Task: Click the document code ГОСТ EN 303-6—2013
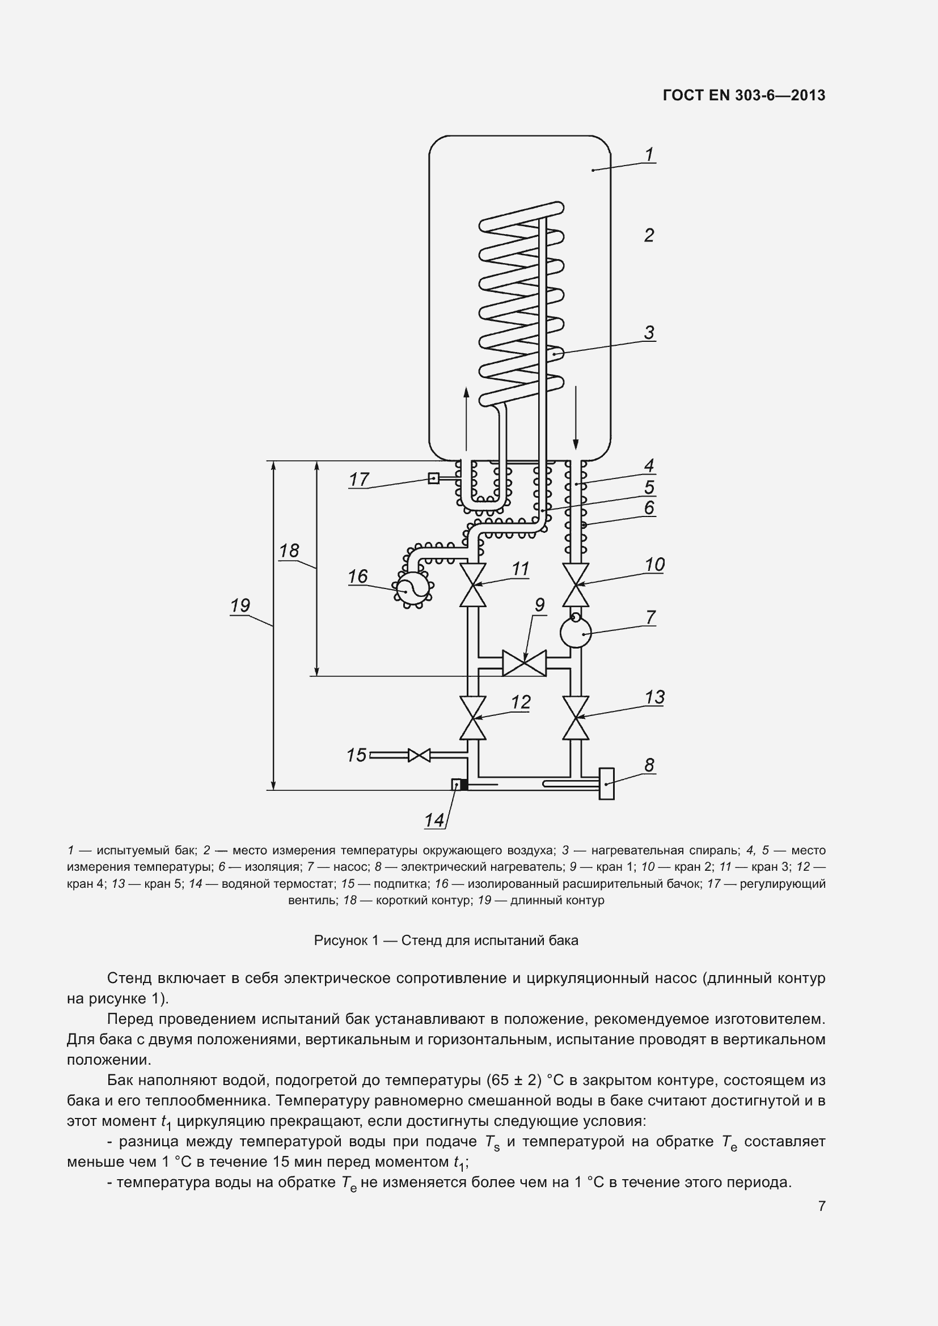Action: (x=744, y=95)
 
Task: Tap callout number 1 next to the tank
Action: (x=649, y=155)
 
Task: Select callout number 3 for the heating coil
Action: (x=649, y=333)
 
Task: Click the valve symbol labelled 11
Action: (x=472, y=584)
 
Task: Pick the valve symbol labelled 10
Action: (x=576, y=584)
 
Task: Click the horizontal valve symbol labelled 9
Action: (x=525, y=663)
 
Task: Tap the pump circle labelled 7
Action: (x=576, y=634)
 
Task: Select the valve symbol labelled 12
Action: (x=472, y=718)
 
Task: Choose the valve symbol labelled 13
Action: (x=576, y=718)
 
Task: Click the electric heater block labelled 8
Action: (x=606, y=783)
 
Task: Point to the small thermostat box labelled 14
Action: (x=457, y=784)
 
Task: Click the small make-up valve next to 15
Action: (x=419, y=755)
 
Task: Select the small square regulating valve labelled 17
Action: (x=433, y=478)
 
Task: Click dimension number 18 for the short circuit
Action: (x=289, y=551)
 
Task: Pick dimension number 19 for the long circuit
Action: (x=240, y=606)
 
